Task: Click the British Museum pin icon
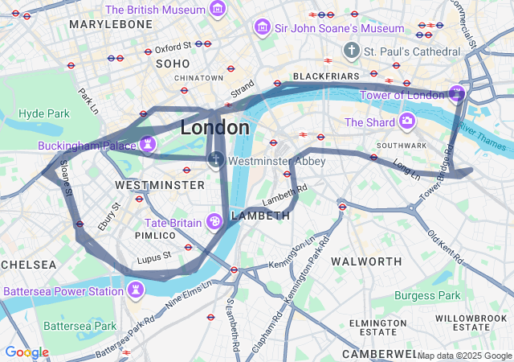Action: [217, 10]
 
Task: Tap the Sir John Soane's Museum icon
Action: [262, 28]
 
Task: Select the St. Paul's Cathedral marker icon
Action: [351, 51]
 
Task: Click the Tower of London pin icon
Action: [457, 94]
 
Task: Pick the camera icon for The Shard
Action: [408, 122]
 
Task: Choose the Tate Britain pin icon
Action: [215, 221]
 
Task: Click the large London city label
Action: [214, 128]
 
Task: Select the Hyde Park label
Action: [44, 113]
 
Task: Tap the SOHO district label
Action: [173, 63]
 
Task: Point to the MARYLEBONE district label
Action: [110, 24]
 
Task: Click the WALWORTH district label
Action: [366, 261]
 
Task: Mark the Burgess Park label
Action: [428, 295]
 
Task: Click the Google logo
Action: [26, 352]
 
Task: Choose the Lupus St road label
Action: [154, 257]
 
